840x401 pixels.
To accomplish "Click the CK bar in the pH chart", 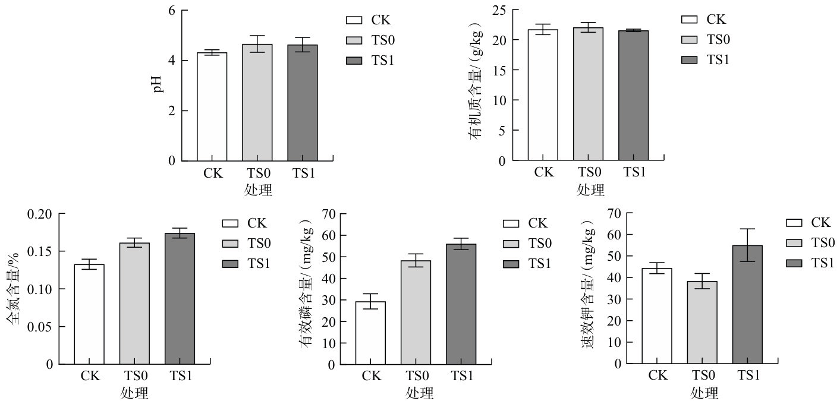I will (212, 107).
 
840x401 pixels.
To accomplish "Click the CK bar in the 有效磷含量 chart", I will (370, 332).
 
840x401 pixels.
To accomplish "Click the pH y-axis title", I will (158, 86).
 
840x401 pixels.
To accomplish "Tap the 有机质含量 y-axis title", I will (476, 86).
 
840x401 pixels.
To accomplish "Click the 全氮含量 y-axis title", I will (13, 289).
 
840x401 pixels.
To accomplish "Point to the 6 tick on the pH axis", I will (172, 11).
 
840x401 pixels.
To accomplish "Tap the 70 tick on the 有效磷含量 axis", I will (328, 214).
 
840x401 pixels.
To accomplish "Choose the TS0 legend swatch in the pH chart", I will (354, 40).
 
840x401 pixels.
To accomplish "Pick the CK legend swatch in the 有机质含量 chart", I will (689, 20).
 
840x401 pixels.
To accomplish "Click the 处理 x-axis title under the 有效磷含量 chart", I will (420, 393).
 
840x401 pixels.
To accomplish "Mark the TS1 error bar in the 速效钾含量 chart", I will (747, 245).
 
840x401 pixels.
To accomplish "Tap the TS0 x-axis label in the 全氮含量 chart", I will (134, 375).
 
